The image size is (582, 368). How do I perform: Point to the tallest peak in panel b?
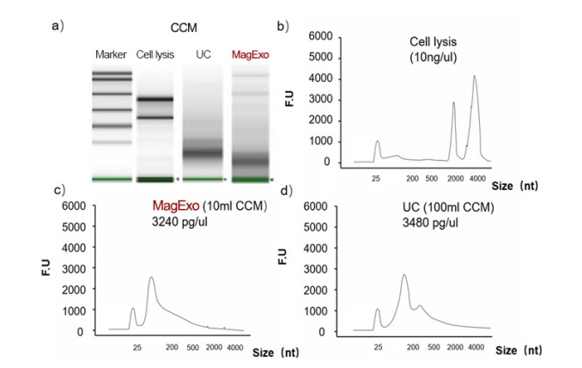[x=474, y=77]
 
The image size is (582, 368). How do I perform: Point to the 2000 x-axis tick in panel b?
[x=454, y=176]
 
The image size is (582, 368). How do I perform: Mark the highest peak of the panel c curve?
[x=151, y=278]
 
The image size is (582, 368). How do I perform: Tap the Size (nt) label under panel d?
[x=519, y=350]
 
